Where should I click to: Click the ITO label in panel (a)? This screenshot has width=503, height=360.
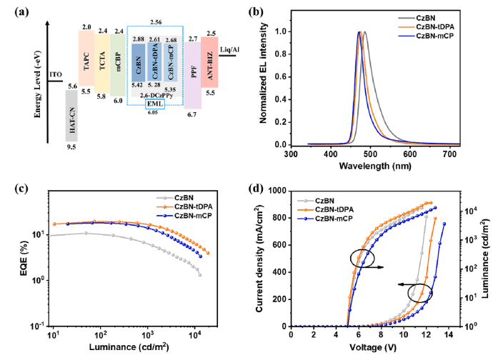pos(56,73)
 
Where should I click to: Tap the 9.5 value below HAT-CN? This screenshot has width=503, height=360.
pos(71,146)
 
